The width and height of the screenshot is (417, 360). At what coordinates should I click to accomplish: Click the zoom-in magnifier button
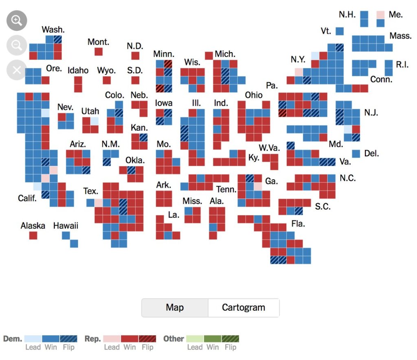point(17,21)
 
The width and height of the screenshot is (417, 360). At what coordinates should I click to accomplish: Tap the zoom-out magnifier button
point(17,45)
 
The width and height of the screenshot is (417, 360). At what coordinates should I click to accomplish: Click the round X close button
point(17,70)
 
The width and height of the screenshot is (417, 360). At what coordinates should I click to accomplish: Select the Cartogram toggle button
point(244,307)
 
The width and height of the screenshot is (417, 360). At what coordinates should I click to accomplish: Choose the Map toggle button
point(175,307)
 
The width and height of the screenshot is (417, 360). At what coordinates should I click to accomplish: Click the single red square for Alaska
point(33,235)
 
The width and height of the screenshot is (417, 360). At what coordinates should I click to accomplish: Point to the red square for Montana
point(99,52)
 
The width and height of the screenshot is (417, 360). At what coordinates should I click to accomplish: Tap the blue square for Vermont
point(340,31)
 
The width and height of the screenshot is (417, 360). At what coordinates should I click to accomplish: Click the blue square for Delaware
point(356,154)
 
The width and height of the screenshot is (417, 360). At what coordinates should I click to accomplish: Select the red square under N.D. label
point(135,56)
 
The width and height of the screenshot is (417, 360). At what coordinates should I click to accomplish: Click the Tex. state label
point(91,191)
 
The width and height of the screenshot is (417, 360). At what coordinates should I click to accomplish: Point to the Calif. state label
point(27,198)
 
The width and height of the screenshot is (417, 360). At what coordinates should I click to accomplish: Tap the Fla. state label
point(298,224)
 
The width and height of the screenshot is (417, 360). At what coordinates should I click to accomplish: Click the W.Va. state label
point(269,147)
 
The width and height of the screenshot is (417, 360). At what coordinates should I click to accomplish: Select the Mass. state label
point(400,36)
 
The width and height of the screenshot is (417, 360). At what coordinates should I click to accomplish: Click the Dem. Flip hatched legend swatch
point(68,338)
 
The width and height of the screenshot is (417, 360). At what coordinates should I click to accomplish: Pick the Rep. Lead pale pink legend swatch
point(112,338)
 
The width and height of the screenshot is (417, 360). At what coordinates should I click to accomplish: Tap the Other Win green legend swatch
point(212,338)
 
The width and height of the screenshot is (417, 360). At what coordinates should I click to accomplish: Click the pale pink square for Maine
point(380,15)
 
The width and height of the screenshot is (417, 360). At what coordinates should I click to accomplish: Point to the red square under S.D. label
point(135,80)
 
